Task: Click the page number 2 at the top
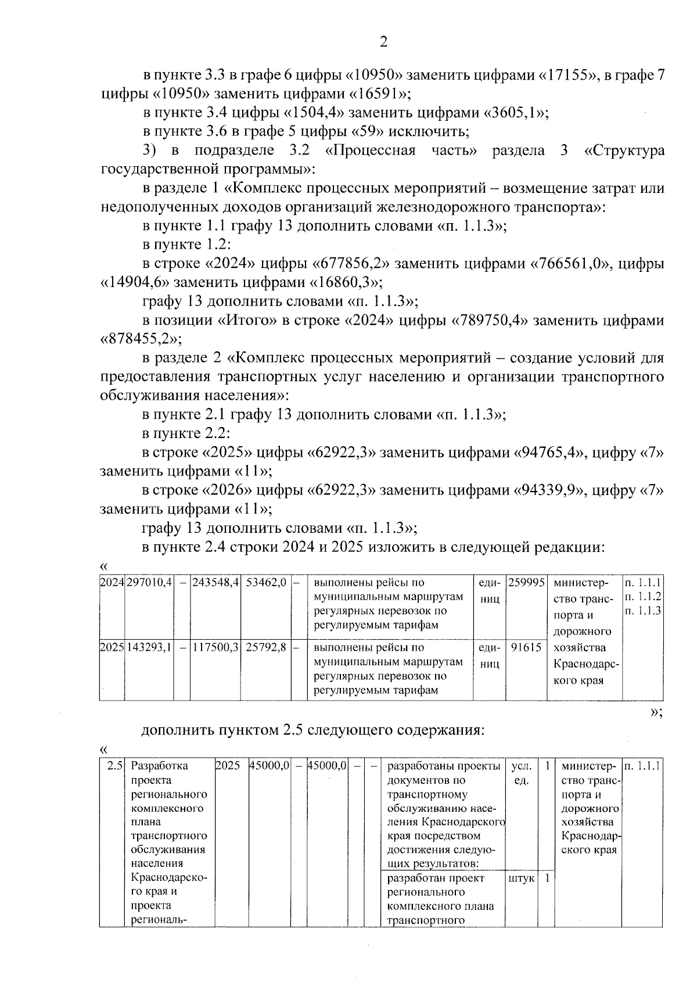click(x=383, y=42)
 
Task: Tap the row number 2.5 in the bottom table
click(x=113, y=766)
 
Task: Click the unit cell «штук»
click(x=521, y=878)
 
